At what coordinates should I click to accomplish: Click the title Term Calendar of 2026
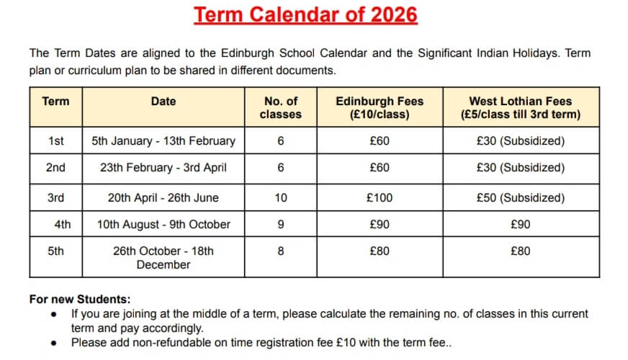tap(306, 15)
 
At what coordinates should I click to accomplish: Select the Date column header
tap(163, 102)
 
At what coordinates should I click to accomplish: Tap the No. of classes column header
tap(280, 107)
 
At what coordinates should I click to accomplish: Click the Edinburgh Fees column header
tap(379, 107)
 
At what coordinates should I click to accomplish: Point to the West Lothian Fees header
tap(520, 107)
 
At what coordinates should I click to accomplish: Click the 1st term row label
tap(55, 141)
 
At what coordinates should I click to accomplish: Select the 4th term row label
tap(63, 224)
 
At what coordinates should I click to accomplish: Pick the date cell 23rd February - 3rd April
tap(163, 168)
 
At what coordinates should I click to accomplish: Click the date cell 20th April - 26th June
tap(163, 197)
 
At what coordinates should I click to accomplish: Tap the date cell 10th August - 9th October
tap(163, 224)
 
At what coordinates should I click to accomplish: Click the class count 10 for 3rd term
tap(280, 197)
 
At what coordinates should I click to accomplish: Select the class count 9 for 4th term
tap(280, 224)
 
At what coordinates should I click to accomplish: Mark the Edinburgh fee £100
tap(379, 197)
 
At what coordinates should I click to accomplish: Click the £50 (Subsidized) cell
tap(520, 197)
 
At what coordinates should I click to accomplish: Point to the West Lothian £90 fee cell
tap(520, 224)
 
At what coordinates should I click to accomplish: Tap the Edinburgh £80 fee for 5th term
tap(379, 251)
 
